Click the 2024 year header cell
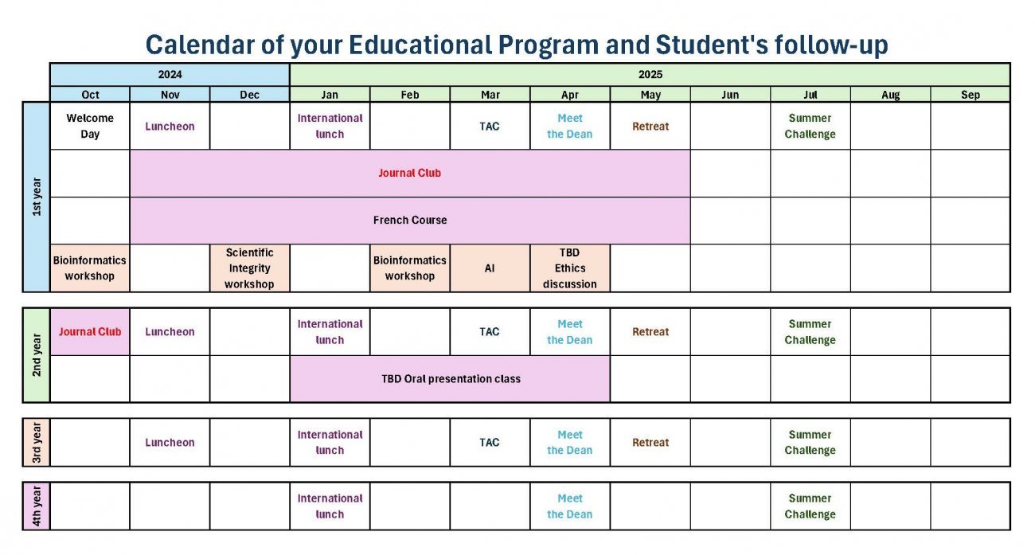170,75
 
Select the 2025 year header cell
650,75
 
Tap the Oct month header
90,95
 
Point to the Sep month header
970,95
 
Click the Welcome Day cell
90,126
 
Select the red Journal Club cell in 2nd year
90,332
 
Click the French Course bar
410,220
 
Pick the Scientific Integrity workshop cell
249,268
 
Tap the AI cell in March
490,268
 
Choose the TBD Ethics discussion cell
570,268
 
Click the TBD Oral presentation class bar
451,379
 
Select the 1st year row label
37,197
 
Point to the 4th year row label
37,506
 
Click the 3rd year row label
37,442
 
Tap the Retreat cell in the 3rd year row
650,443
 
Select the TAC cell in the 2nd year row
490,332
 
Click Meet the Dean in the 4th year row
570,506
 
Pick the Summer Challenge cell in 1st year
810,126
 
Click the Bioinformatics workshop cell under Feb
410,268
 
